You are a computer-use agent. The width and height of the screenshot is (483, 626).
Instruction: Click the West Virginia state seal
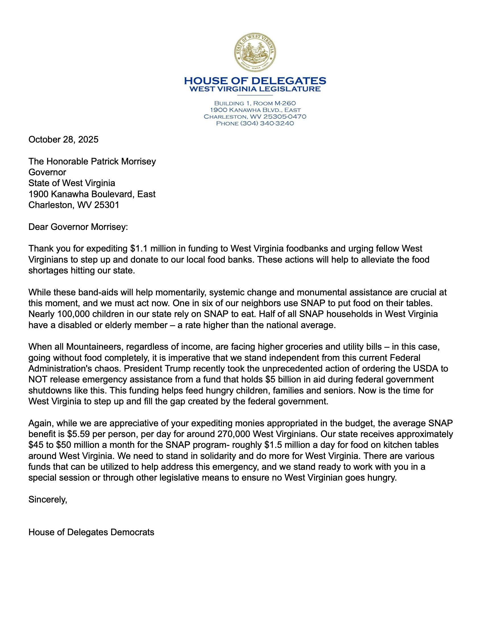[x=255, y=52]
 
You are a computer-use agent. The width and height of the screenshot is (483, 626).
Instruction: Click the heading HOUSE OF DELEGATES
[x=255, y=81]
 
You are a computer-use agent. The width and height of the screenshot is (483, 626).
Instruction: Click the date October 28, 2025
[x=63, y=140]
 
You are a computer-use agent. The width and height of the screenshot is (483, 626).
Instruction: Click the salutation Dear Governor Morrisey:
[x=78, y=227]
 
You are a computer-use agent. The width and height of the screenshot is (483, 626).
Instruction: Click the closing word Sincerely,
[x=47, y=500]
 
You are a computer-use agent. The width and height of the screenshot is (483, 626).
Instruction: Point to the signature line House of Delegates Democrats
[x=91, y=532]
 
